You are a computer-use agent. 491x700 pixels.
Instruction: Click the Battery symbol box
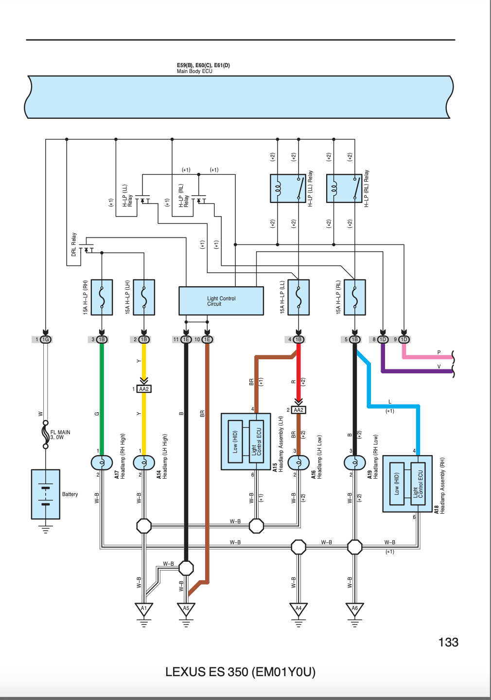(x=46, y=494)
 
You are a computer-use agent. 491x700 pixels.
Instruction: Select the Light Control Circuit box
(x=221, y=301)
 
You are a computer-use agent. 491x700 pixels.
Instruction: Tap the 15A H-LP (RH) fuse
(x=102, y=297)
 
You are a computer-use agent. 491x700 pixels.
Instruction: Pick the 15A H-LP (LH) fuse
(x=144, y=297)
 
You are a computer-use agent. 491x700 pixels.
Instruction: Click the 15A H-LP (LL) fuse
(x=298, y=297)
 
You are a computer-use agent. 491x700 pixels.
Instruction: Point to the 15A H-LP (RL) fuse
(x=354, y=297)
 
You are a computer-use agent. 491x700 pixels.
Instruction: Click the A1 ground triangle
(x=143, y=609)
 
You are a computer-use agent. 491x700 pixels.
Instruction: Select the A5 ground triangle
(x=186, y=609)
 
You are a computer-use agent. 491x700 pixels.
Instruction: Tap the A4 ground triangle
(x=298, y=609)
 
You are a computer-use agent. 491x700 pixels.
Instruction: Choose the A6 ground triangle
(x=354, y=609)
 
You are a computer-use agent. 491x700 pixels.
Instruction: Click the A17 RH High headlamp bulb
(x=102, y=462)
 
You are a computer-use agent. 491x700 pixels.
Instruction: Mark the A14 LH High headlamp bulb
(x=144, y=462)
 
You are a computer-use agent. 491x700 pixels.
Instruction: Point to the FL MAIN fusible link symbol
(x=46, y=435)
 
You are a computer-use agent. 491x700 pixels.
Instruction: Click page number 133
(x=448, y=643)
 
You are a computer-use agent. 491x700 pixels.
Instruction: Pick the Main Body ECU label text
(x=194, y=71)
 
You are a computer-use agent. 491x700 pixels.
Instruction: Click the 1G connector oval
(x=46, y=339)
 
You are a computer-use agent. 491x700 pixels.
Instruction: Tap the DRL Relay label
(x=74, y=244)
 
